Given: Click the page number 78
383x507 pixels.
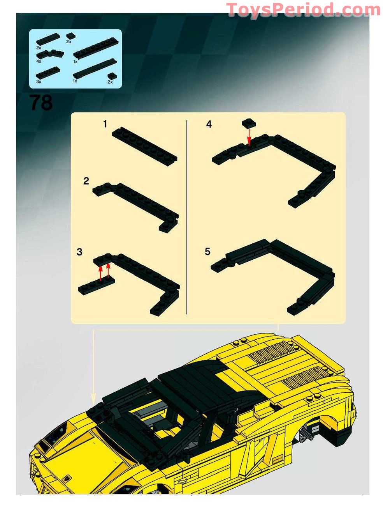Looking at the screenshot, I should [x=41, y=103].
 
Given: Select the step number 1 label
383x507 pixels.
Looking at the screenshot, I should [x=105, y=124].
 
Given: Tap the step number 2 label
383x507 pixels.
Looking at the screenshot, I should [x=86, y=181].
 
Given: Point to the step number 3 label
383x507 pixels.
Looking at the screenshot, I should [x=79, y=252].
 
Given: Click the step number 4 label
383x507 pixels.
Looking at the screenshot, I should [x=209, y=124].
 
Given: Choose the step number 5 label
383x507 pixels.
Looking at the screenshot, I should [x=207, y=252].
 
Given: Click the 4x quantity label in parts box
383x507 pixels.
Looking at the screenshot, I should [x=39, y=61].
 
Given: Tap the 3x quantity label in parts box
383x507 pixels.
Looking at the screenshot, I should [x=39, y=82].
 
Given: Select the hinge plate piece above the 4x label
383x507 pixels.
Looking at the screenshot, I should [x=51, y=54].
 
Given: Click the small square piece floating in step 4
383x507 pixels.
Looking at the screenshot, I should [x=249, y=123].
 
